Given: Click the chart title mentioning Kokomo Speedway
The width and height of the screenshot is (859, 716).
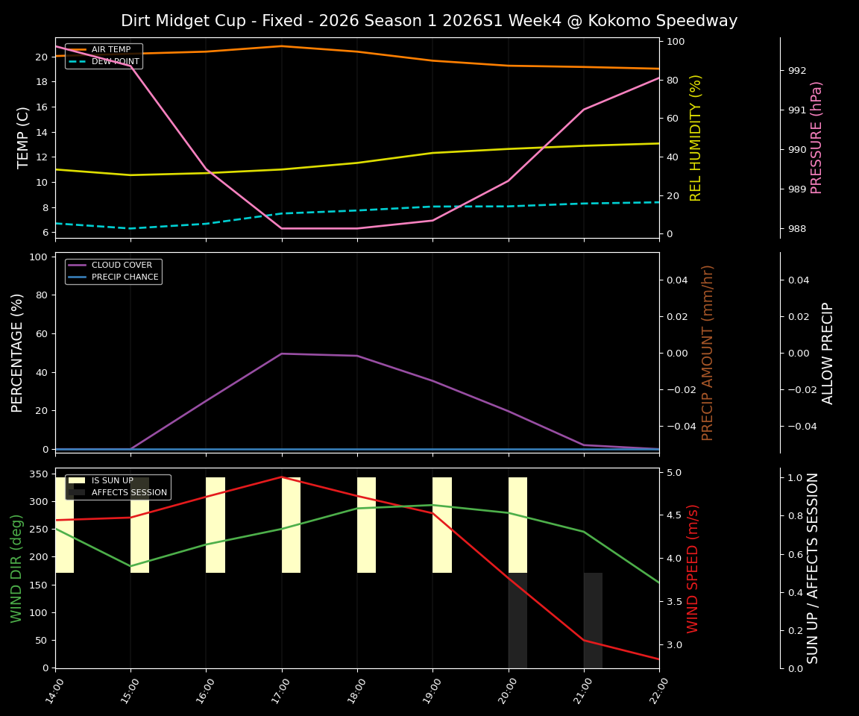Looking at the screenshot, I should [x=429, y=21].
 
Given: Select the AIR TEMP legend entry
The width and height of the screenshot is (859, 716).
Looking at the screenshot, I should [x=110, y=50].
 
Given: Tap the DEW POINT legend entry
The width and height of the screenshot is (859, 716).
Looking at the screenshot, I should [x=115, y=61].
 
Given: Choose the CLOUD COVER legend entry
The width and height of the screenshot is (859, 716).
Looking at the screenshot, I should [x=121, y=266].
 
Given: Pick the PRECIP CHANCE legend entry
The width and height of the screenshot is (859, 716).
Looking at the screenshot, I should [x=125, y=277].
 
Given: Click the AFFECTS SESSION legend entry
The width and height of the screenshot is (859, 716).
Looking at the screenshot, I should [x=129, y=492].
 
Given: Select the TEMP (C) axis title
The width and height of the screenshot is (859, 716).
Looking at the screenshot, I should [x=24, y=137].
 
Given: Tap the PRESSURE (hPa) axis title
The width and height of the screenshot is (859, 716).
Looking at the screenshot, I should [x=816, y=137].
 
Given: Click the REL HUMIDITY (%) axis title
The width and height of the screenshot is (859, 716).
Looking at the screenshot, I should [x=696, y=137].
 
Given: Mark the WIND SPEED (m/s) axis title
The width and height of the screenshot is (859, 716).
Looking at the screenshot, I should [x=693, y=568].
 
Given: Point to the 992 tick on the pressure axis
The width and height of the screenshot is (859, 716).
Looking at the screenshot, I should [x=797, y=71].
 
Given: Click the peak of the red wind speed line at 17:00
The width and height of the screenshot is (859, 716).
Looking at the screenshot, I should [x=282, y=477].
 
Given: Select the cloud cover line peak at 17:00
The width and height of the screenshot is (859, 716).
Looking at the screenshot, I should [x=282, y=354].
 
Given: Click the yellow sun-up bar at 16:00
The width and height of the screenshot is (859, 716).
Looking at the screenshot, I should [x=215, y=525].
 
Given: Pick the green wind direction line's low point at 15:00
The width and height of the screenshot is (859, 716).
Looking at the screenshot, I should [x=130, y=566].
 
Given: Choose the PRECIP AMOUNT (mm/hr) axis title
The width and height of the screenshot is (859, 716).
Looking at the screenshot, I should [x=708, y=352].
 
